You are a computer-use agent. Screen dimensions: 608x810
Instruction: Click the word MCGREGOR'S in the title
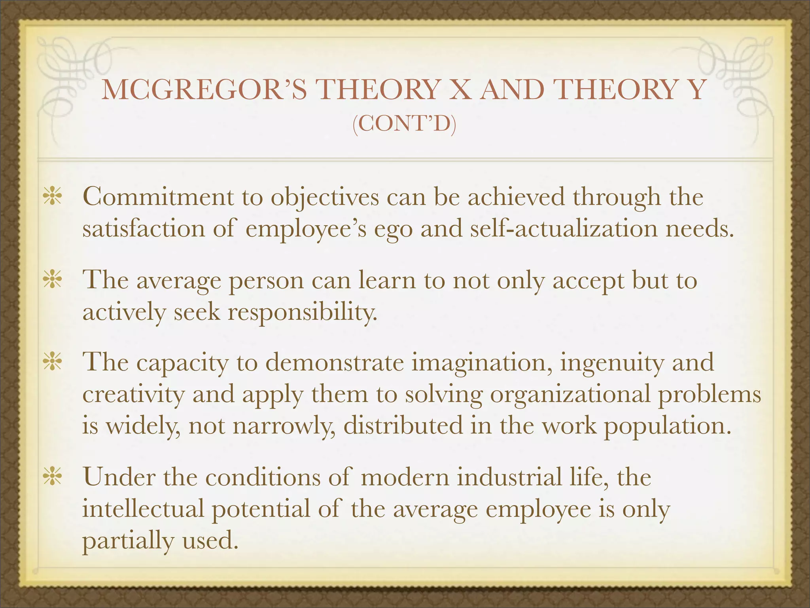point(204,90)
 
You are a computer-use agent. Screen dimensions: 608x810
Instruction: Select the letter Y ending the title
point(695,90)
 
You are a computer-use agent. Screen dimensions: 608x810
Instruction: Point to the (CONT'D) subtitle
point(404,124)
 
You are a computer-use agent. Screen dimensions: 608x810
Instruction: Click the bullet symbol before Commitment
point(52,197)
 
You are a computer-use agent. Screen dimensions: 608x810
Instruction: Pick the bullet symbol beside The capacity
point(52,363)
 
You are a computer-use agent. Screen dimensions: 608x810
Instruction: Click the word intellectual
point(143,509)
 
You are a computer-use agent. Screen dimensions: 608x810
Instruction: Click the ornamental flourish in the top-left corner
point(75,75)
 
